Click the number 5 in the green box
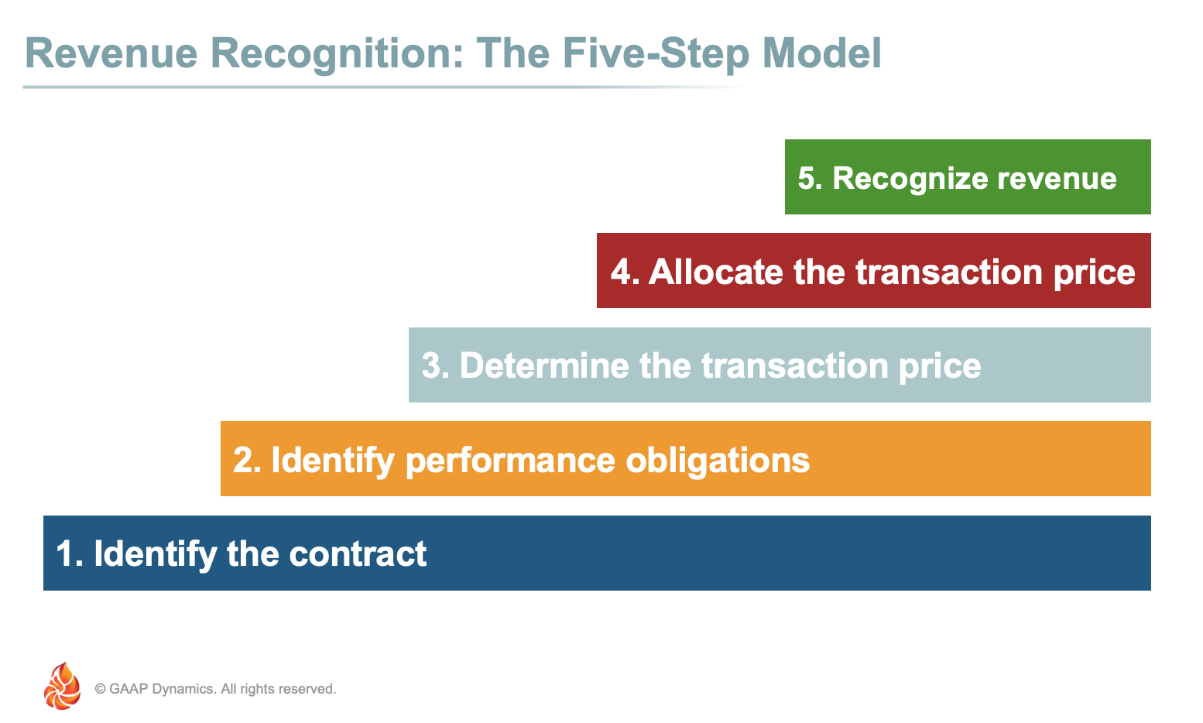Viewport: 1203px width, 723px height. coord(806,178)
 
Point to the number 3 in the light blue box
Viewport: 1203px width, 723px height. coord(430,366)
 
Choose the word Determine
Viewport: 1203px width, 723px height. coord(544,366)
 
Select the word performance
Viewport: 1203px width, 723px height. coord(510,461)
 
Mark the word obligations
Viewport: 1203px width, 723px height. coord(718,461)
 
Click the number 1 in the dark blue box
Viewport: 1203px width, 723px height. coord(64,554)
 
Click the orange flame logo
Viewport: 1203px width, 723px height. coord(62,686)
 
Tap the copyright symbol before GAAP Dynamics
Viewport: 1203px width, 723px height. coord(100,689)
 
